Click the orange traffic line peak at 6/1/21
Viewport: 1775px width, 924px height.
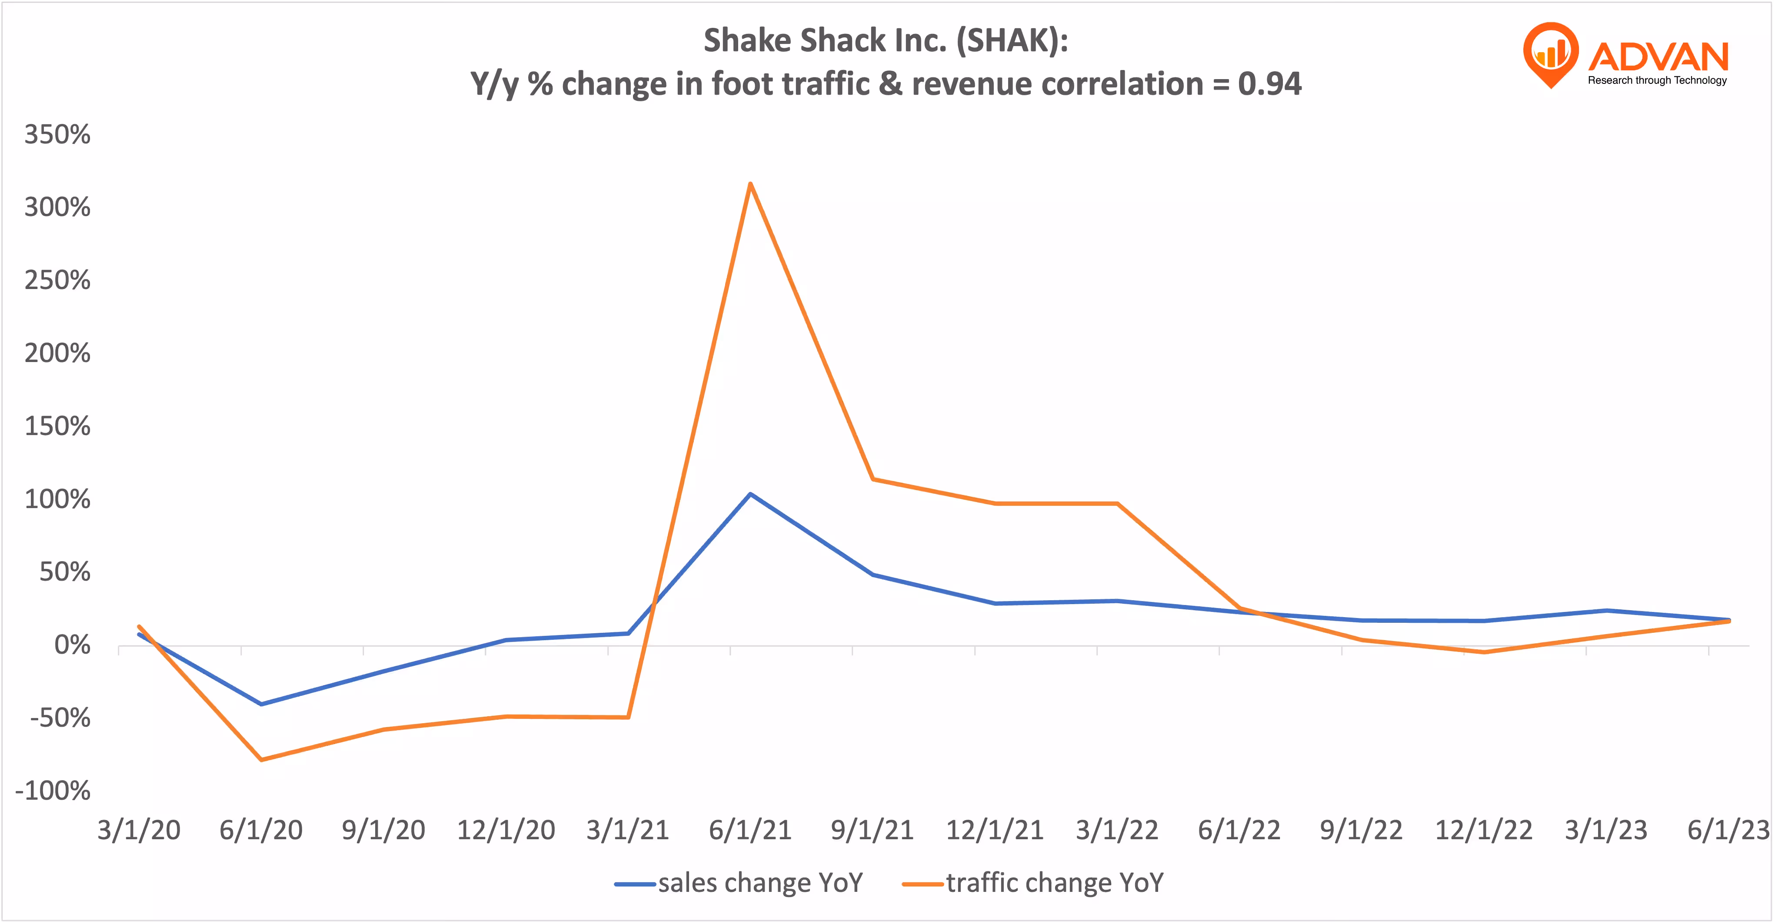749,183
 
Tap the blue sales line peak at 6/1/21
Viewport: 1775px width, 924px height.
749,494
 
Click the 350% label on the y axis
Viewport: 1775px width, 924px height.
57,134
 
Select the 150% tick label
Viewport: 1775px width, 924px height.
57,426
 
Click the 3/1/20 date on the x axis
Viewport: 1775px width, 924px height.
139,830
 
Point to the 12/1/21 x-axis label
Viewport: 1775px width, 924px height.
994,830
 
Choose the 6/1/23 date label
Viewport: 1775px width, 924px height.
1728,830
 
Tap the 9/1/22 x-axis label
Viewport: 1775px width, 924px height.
1361,830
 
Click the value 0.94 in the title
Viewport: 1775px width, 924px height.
1269,84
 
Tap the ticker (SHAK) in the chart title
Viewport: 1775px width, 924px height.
1012,41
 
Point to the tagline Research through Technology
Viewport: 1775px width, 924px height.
1657,80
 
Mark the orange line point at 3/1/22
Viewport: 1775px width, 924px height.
1117,504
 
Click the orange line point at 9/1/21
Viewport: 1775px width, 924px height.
873,479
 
